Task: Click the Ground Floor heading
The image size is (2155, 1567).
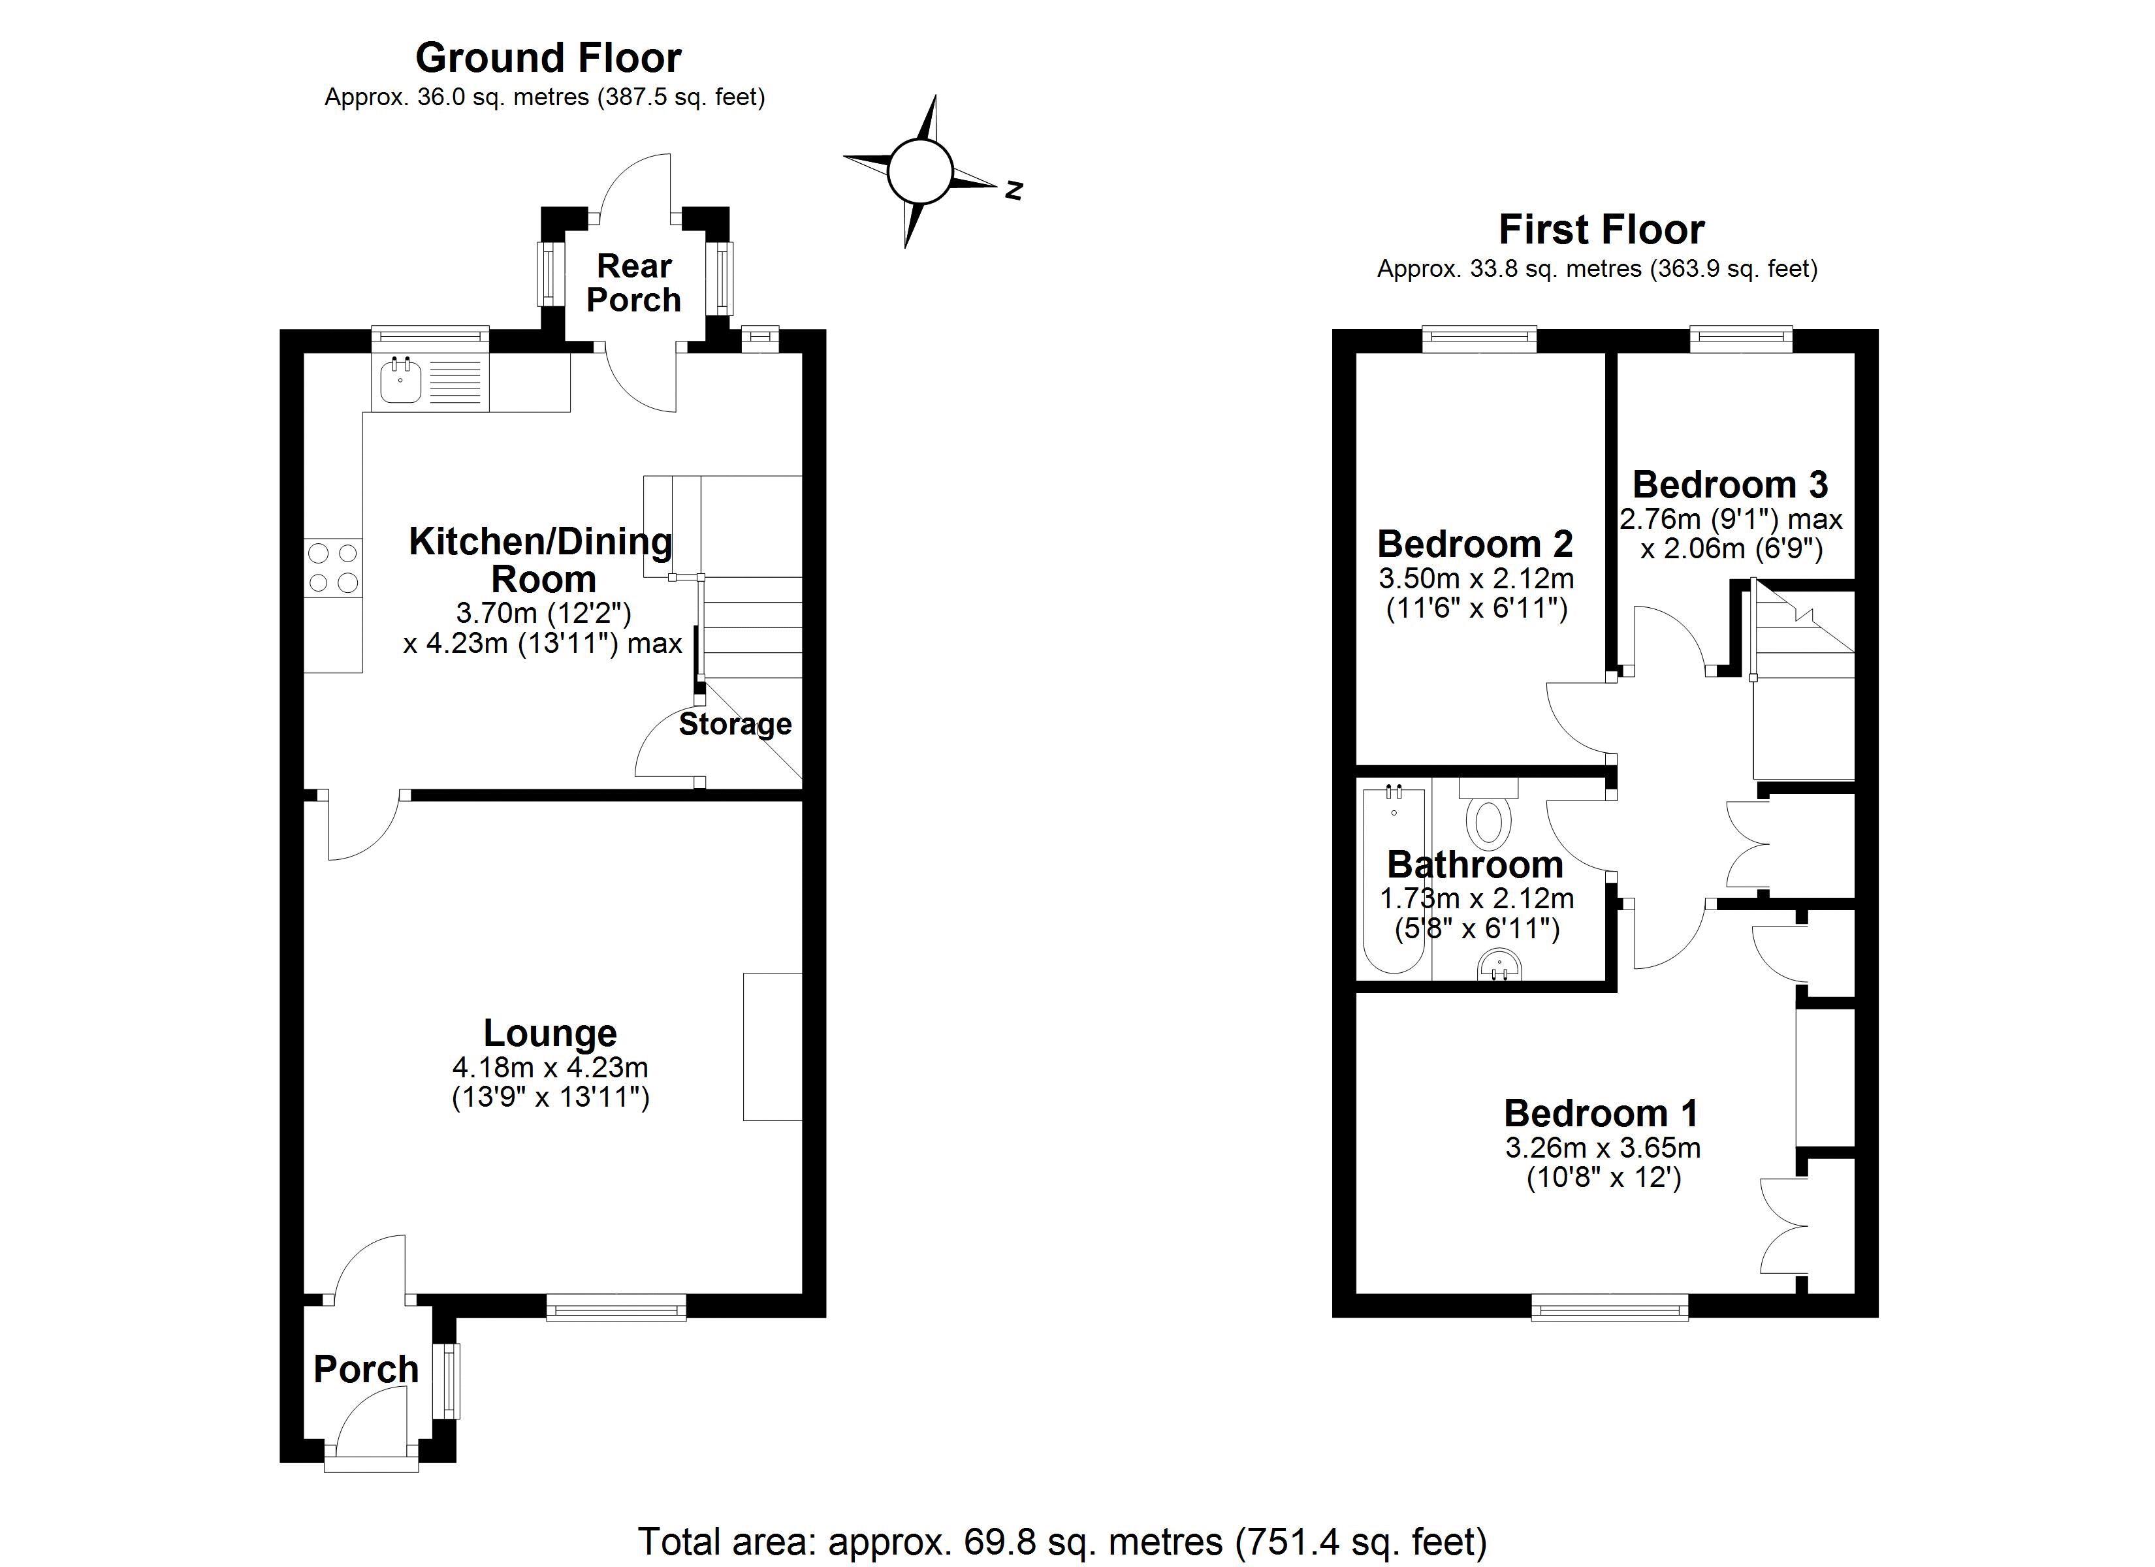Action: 549,58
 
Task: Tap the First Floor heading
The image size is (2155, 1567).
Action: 1601,230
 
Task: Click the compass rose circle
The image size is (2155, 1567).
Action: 919,172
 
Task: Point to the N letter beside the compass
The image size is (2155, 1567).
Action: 1014,190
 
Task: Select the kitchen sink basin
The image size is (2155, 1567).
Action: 401,382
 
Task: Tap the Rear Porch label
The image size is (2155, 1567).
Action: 634,282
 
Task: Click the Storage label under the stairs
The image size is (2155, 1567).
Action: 735,724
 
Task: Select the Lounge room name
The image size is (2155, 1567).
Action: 550,1033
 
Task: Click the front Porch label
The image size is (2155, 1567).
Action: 366,1369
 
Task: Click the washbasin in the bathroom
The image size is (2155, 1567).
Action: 1501,968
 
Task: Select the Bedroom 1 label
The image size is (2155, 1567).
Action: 1601,1113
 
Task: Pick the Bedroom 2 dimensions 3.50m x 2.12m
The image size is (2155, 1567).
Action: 1477,578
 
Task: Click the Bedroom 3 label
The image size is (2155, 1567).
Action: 1731,484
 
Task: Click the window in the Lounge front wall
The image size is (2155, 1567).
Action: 616,1308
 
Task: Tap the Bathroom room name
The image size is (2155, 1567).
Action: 1475,864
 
